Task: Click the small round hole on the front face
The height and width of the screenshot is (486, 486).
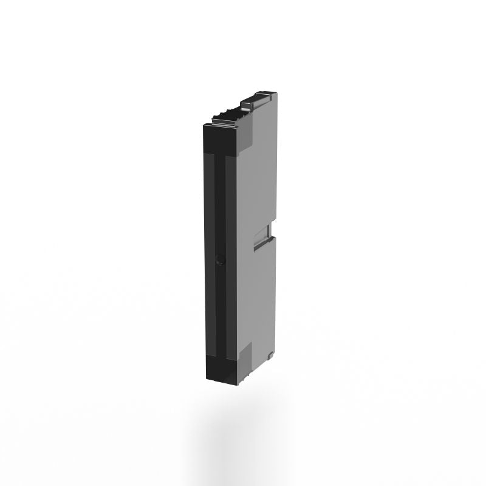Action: (221, 260)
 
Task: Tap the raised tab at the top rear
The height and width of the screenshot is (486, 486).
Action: (258, 97)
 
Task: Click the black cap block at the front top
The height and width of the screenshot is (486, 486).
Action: (222, 139)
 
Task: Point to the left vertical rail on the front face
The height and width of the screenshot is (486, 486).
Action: (212, 255)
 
